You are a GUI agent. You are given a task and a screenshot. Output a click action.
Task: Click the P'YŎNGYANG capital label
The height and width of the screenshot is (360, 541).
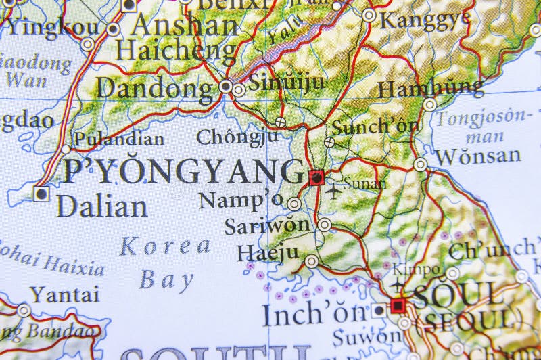(x=183, y=172)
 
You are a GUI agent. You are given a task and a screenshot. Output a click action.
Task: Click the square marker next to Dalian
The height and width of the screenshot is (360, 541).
(x=41, y=194)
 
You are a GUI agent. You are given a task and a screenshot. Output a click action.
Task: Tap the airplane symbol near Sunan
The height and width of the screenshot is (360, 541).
(x=333, y=191)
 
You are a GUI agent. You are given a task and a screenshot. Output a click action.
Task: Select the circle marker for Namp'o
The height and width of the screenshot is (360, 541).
(x=293, y=203)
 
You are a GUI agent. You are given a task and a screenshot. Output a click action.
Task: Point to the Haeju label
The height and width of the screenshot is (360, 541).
(x=267, y=253)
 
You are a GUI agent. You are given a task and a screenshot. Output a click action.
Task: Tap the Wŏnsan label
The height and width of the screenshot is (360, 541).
(x=478, y=156)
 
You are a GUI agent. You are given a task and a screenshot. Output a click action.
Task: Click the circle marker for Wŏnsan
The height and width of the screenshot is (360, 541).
(x=421, y=164)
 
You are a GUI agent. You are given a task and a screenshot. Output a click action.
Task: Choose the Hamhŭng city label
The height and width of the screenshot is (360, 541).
(x=431, y=88)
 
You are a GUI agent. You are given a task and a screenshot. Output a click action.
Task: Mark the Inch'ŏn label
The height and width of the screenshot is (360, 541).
(x=314, y=314)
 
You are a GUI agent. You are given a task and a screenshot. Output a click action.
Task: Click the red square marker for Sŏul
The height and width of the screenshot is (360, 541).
(x=398, y=307)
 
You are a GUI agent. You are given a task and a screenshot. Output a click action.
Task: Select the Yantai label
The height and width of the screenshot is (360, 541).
(x=64, y=294)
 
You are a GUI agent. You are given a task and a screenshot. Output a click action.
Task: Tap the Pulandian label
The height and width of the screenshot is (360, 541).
(x=118, y=139)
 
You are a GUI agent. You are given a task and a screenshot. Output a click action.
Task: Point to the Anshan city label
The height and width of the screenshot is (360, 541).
(x=185, y=26)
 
